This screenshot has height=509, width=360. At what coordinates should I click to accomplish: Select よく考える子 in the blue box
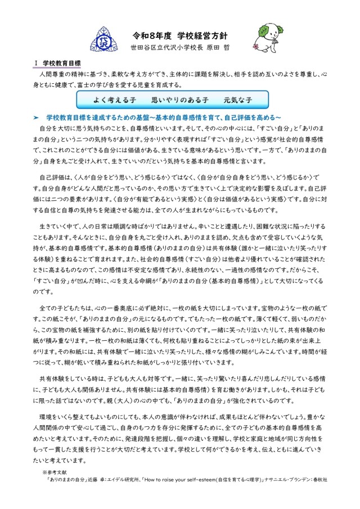(114, 99)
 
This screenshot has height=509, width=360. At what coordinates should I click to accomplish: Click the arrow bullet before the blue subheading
(35, 117)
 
